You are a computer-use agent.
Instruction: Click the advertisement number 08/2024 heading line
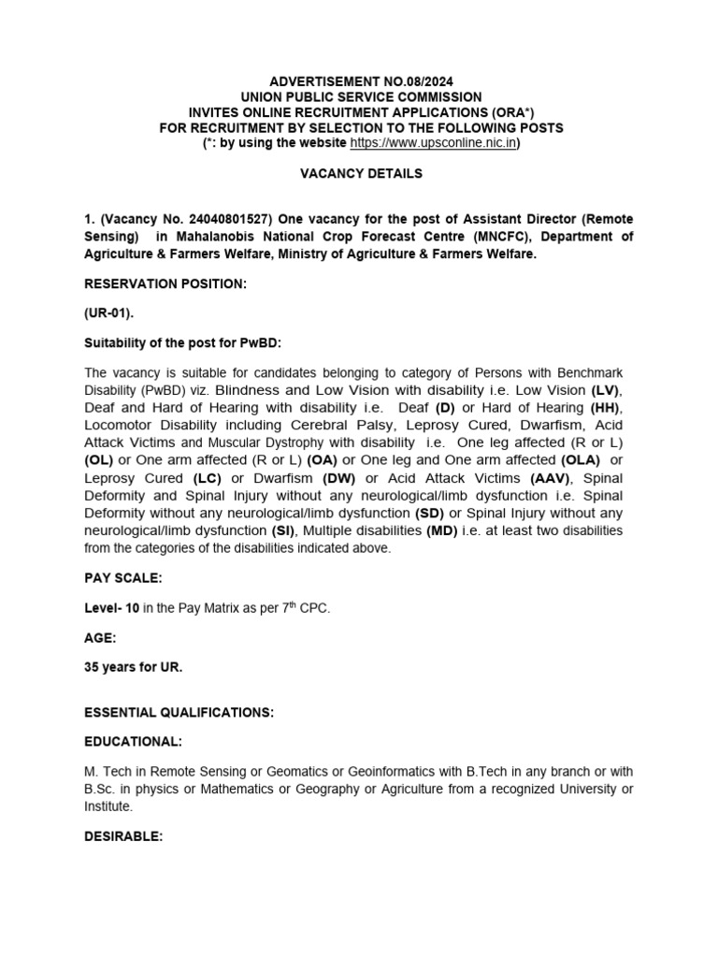pos(360,81)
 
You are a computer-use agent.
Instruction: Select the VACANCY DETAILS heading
pos(360,173)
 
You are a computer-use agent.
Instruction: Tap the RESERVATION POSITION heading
pos(165,283)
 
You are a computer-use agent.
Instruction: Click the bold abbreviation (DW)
pos(339,478)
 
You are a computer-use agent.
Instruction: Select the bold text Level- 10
pos(112,608)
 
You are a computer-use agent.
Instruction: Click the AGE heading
pos(100,637)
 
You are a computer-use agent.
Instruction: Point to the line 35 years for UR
pos(134,667)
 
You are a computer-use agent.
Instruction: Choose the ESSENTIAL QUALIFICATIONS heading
pos(179,713)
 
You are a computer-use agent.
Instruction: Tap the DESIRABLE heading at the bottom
pos(123,837)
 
